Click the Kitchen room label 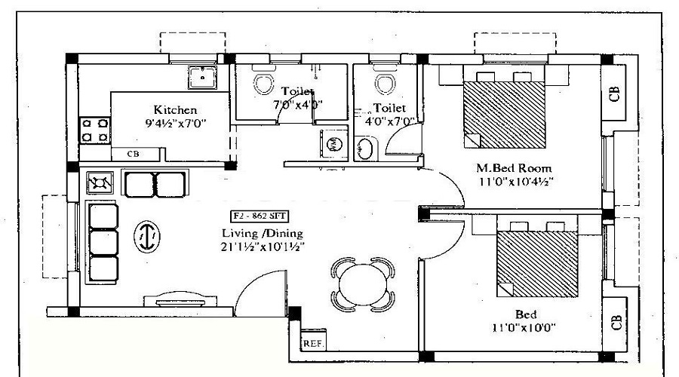[175, 109]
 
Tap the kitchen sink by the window [202, 78]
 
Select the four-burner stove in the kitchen [95, 130]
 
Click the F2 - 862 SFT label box [260, 216]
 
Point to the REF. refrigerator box [313, 344]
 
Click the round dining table [363, 284]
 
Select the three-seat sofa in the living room [103, 242]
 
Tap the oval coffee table [147, 236]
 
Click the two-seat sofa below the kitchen [155, 183]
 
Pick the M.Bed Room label [514, 167]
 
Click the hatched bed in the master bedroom [504, 115]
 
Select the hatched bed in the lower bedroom [537, 264]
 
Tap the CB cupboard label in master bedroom [614, 94]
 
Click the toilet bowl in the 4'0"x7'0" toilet [384, 82]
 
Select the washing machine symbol [333, 144]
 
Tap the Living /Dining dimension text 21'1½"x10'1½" [262, 247]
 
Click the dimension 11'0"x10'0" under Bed [524, 327]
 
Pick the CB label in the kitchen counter [134, 154]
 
